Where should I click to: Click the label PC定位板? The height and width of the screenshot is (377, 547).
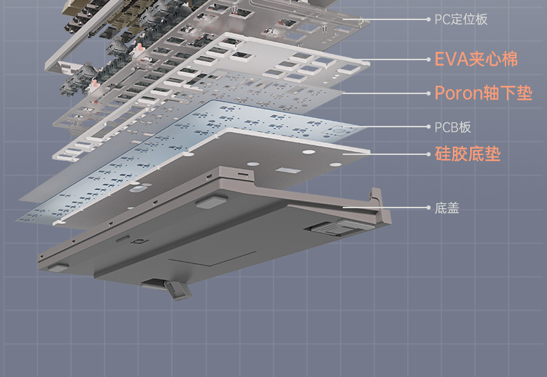click(461, 19)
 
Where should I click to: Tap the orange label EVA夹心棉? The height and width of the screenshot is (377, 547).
click(476, 59)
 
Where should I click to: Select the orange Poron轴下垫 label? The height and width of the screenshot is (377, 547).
click(483, 93)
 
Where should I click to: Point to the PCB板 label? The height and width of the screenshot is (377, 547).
click(453, 127)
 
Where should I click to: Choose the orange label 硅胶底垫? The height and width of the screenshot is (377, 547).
click(467, 154)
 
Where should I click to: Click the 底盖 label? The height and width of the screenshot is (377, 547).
click(447, 208)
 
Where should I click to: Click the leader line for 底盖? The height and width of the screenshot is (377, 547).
click(388, 207)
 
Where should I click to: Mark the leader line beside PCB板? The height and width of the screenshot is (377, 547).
click(395, 127)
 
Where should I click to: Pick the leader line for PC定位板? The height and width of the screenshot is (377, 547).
click(395, 19)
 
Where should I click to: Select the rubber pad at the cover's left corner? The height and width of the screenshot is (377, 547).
click(57, 266)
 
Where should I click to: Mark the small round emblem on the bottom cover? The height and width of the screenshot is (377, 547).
click(141, 241)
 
